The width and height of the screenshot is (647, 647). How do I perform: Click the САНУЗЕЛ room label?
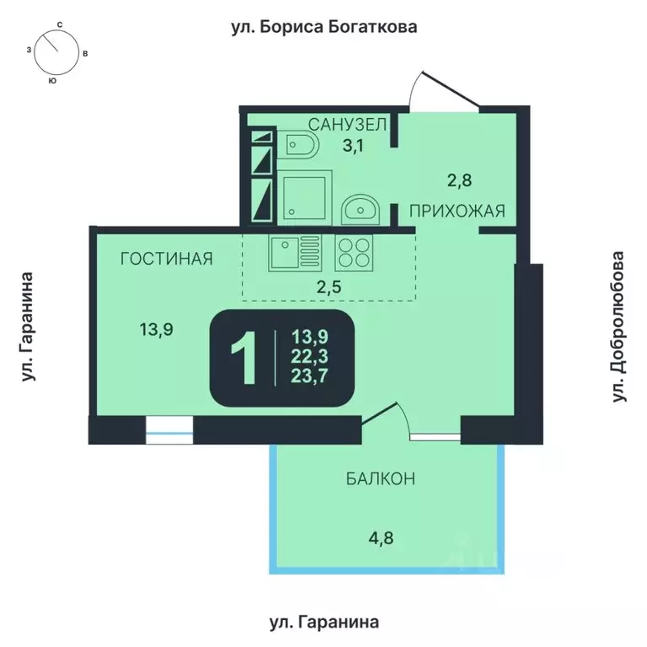tap(347, 125)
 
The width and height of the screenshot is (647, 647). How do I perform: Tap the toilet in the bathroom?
tap(301, 148)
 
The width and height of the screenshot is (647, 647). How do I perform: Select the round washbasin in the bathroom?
tap(361, 206)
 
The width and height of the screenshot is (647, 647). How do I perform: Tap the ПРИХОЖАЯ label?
tap(457, 211)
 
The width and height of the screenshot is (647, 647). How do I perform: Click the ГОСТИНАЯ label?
tap(166, 259)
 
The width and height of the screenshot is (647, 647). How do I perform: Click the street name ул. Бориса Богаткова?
tap(324, 27)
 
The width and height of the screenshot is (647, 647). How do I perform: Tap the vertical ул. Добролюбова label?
tap(621, 325)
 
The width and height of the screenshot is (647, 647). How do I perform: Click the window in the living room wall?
tap(169, 431)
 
